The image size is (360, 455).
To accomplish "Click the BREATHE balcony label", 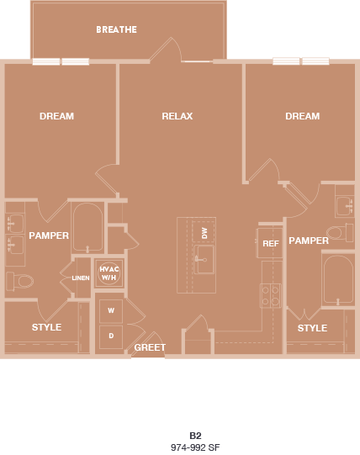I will point(116,29).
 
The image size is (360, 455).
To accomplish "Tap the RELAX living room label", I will point(177,116).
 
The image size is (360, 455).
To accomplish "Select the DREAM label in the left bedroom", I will point(56,116).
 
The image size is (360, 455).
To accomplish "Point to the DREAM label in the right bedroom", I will point(302,116).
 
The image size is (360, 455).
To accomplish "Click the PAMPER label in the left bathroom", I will point(49,235).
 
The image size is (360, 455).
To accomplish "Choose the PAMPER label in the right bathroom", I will point(309,241).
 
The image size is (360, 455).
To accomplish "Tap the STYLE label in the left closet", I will point(46,327).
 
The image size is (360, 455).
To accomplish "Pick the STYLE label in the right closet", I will point(312,328).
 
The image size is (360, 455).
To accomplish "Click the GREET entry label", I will point(150,347).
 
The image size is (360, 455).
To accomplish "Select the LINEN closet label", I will point(81,278).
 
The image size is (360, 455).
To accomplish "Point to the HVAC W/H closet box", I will point(109,274).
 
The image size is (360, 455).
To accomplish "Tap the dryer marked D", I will point(110,336).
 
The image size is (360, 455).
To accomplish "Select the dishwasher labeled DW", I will point(204,232).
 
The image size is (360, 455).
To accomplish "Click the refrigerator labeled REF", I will point(270,244).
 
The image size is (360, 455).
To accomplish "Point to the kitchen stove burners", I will point(271,294).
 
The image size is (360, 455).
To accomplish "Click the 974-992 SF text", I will point(194,447).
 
